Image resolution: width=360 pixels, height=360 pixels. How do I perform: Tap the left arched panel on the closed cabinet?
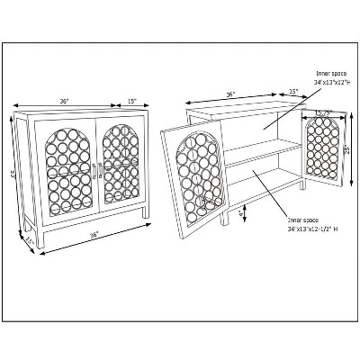click(x=64, y=167)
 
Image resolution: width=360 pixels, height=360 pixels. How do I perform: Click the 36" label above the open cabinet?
click(x=230, y=94)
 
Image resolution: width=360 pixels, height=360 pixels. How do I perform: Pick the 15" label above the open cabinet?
click(x=293, y=91)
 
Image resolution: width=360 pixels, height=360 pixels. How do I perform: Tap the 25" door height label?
click(x=346, y=149)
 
